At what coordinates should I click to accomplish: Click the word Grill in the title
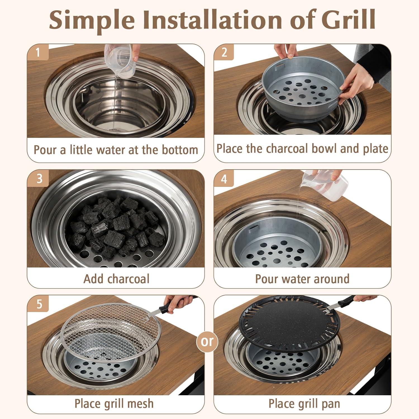(x=348, y=20)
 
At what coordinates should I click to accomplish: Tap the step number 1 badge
(x=38, y=52)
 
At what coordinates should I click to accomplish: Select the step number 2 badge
(x=224, y=52)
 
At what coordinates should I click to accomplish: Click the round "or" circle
(x=207, y=341)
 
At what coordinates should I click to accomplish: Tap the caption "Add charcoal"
(x=116, y=279)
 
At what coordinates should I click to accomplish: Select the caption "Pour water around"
(x=302, y=279)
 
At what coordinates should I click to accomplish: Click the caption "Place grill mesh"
(x=114, y=404)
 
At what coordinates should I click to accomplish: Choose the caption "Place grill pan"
(x=304, y=404)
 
